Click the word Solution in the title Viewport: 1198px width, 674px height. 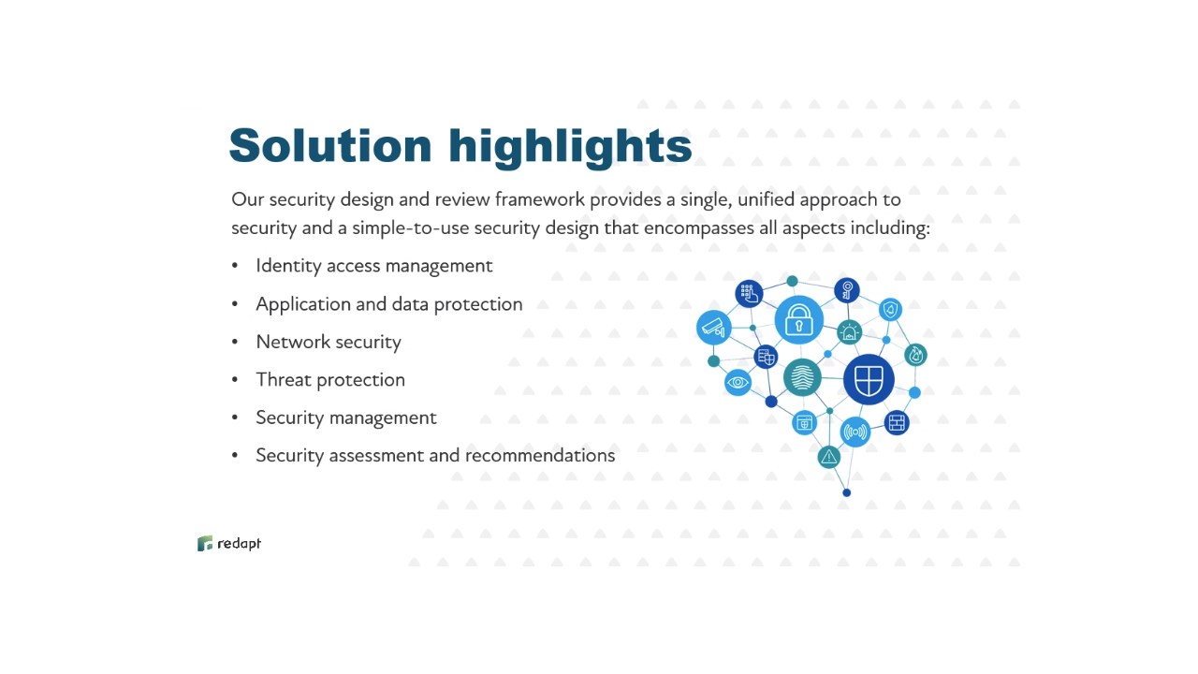330,145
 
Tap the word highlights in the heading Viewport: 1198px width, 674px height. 570,148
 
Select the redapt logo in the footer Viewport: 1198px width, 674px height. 229,544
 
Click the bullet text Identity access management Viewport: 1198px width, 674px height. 373,266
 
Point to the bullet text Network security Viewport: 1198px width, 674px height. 329,342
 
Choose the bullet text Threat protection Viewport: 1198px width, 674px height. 330,380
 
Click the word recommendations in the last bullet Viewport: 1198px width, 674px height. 540,455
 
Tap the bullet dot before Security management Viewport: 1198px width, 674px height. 235,418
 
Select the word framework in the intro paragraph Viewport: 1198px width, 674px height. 540,199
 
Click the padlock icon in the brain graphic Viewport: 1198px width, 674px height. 799,320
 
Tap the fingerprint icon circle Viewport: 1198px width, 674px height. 802,377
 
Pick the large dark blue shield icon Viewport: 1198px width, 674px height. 869,379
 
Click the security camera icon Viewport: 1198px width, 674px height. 714,327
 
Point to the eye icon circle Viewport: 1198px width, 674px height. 738,383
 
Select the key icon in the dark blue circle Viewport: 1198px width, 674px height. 847,291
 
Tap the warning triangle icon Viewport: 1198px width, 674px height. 829,457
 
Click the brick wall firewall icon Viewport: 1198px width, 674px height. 897,422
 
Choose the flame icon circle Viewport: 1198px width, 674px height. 915,355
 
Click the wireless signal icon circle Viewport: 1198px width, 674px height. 855,432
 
